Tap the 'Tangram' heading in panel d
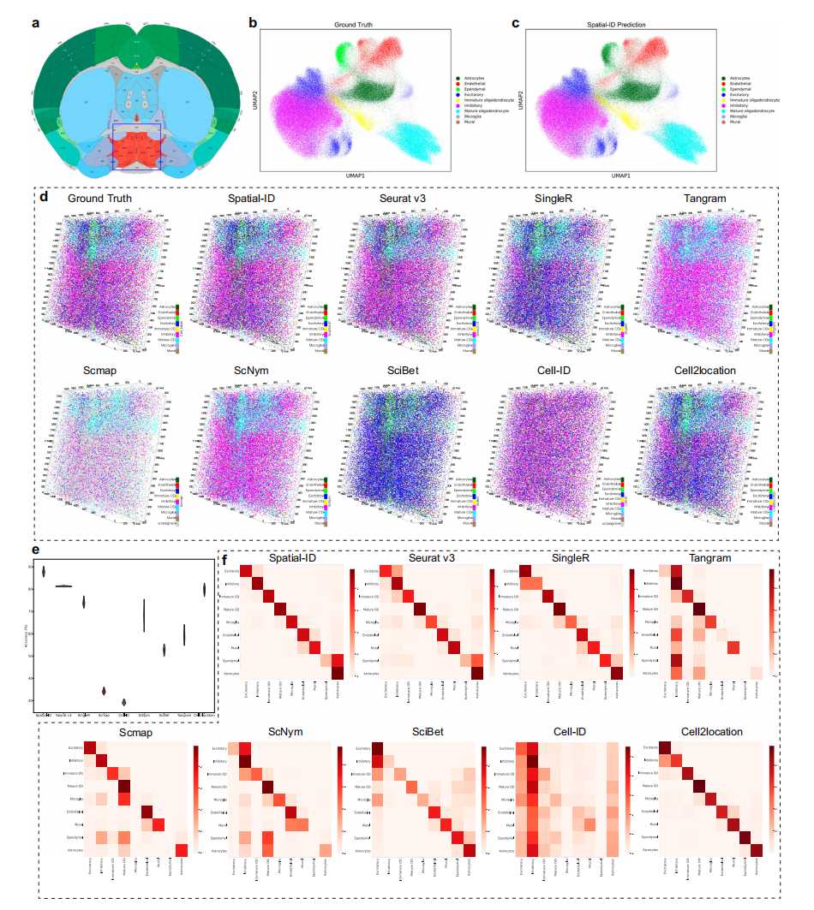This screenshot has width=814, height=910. coord(704,199)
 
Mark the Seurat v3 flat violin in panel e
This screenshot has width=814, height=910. coord(63,586)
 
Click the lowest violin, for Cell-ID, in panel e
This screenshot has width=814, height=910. coord(124,701)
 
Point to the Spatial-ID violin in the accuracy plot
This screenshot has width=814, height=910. coord(44,571)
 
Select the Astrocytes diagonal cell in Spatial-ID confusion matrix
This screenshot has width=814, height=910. coord(337,674)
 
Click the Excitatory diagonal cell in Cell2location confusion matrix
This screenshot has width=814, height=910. coord(665,747)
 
